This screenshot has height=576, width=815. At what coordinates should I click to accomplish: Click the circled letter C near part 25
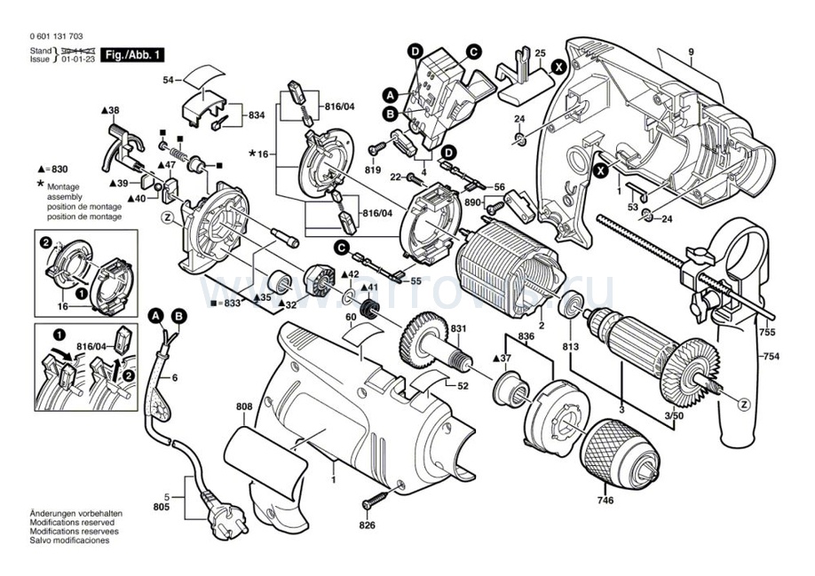click(x=474, y=52)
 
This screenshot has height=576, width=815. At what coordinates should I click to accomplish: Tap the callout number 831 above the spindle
click(x=457, y=329)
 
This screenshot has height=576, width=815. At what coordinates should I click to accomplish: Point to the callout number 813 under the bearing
click(x=569, y=347)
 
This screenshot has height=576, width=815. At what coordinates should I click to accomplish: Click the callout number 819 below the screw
click(x=372, y=169)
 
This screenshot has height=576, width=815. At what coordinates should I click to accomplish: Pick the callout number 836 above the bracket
click(x=526, y=335)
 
